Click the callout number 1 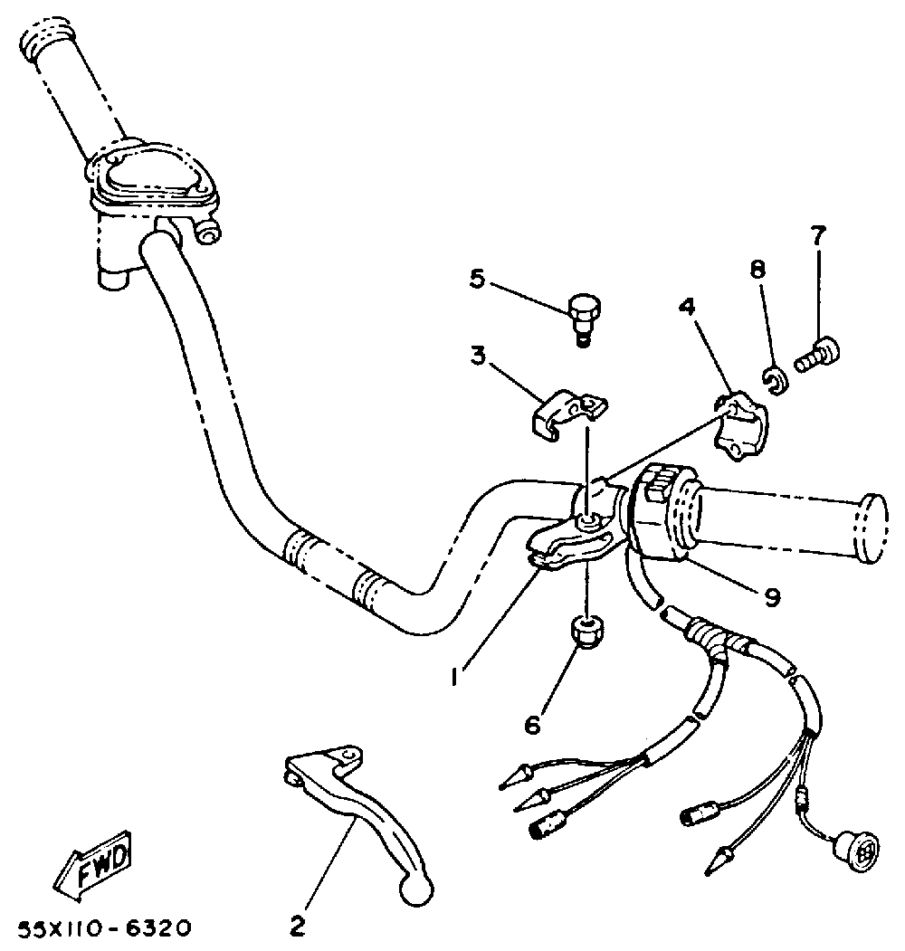coord(459,673)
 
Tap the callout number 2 coord(296,925)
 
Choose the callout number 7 coord(817,236)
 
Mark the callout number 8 coord(757,269)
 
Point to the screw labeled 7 coord(818,352)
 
